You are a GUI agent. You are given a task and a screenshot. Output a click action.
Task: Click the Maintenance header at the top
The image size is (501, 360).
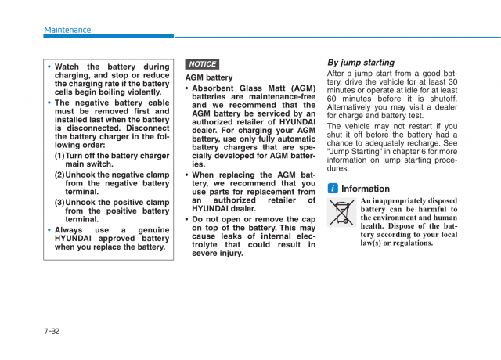coord(67,30)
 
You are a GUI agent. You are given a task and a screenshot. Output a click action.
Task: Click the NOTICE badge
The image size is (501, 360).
coord(202,64)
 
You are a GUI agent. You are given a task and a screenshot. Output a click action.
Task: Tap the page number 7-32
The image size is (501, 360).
coord(52,331)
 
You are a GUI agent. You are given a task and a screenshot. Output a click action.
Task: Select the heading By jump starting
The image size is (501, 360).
coord(360,63)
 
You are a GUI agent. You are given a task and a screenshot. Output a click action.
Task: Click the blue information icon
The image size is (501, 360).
coord(333,189)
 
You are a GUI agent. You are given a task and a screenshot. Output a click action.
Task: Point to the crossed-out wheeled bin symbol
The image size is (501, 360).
coord(342,214)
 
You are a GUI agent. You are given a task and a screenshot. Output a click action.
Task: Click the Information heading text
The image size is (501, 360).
coord(366,189)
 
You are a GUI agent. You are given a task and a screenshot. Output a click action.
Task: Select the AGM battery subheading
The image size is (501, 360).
coord(209,77)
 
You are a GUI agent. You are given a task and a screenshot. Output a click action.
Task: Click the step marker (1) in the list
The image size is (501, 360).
coord(59,156)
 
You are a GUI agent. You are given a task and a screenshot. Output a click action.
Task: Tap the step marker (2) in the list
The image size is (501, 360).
coord(59,175)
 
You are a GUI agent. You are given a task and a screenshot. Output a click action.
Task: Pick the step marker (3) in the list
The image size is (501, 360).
coord(59,202)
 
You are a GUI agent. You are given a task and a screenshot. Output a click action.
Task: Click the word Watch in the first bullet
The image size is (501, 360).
coord(68,67)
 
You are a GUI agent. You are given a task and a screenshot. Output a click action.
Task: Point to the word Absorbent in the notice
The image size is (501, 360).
coord(215,88)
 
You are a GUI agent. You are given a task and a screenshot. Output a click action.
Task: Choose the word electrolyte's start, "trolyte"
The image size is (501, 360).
coord(207,244)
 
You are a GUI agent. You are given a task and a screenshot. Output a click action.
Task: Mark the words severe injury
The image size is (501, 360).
coord(218,254)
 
